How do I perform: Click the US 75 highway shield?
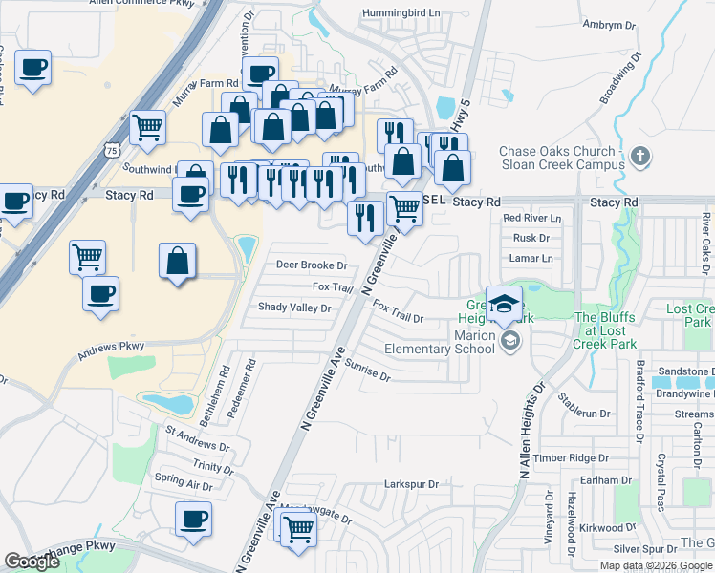pyautogui.click(x=113, y=151)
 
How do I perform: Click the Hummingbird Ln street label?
pyautogui.click(x=400, y=14)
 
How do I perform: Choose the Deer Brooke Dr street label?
pyautogui.click(x=311, y=265)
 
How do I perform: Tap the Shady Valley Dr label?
pyautogui.click(x=294, y=308)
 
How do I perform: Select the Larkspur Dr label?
pyautogui.click(x=411, y=485)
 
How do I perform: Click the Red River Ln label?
pyautogui.click(x=532, y=219)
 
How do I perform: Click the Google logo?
pyautogui.click(x=32, y=562)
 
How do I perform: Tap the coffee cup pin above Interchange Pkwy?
pyautogui.click(x=193, y=520)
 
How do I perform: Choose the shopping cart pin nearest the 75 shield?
pyautogui.click(x=147, y=126)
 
